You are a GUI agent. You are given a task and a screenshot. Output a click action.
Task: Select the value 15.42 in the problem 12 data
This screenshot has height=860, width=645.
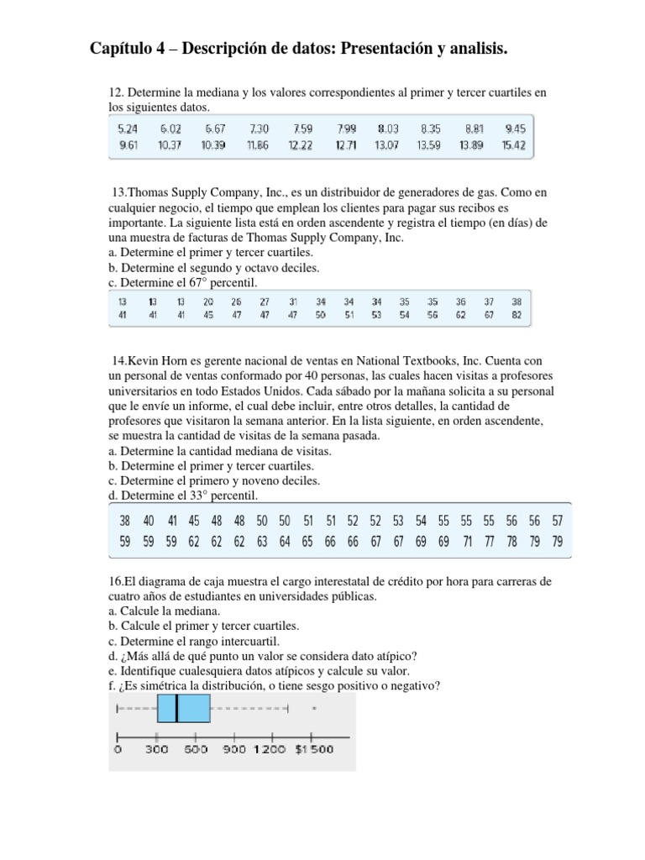pos(514,145)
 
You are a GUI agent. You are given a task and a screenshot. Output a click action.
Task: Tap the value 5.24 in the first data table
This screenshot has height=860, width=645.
pos(127,128)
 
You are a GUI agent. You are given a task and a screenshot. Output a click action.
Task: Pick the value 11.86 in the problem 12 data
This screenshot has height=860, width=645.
pos(259,145)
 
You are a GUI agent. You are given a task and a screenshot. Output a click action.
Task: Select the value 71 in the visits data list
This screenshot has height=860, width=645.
pos(467,542)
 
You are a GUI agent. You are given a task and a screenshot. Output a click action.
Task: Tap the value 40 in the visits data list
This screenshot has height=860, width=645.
pos(149,520)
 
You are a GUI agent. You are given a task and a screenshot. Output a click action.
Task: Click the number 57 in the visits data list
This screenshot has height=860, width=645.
pos(557,520)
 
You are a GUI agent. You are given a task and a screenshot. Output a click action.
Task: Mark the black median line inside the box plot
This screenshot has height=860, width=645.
pos(177,709)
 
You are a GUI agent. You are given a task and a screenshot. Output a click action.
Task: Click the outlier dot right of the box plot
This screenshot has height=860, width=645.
pos(313,709)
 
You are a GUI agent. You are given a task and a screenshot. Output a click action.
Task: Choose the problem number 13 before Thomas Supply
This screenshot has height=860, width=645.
pos(120,192)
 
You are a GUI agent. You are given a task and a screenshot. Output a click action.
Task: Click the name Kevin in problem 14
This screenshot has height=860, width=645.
pos(144,360)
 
